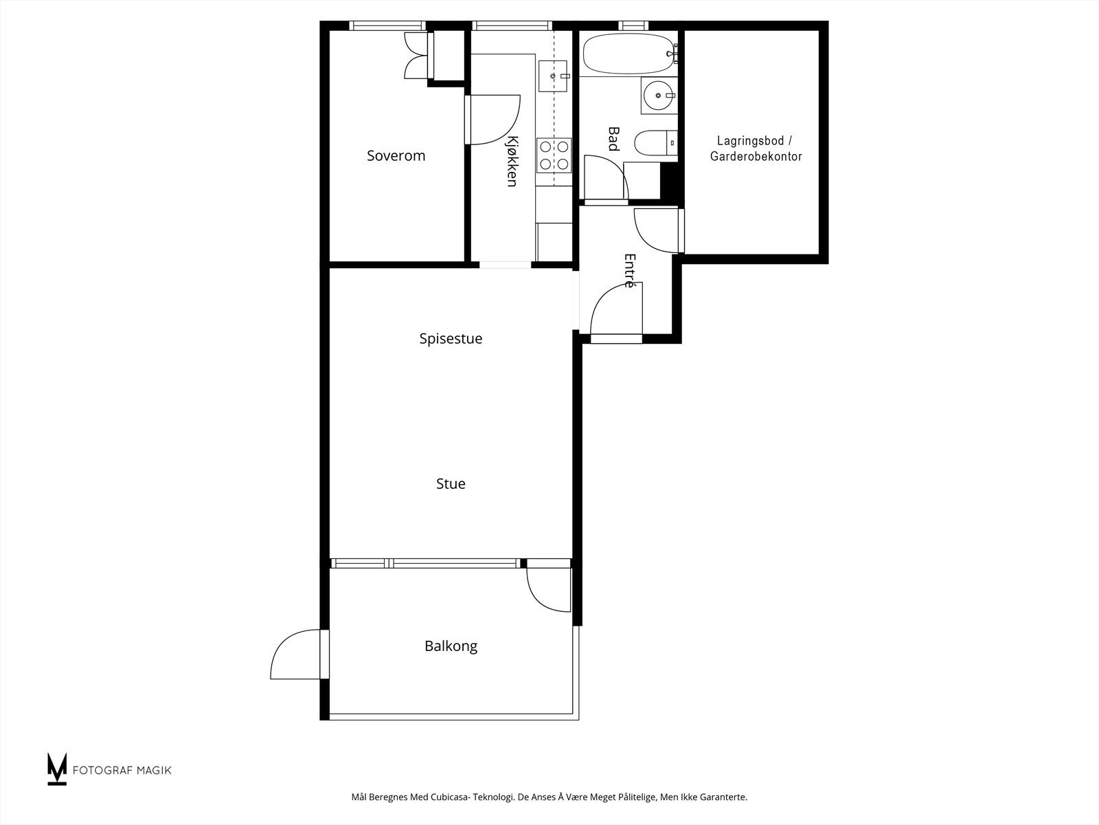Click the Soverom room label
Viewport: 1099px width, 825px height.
click(x=396, y=155)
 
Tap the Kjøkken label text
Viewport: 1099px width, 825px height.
click(x=512, y=161)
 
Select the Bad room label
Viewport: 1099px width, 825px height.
click(x=613, y=138)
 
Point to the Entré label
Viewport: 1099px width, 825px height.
click(x=629, y=270)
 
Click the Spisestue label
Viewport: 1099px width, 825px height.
click(x=451, y=339)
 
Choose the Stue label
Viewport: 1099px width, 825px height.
click(x=451, y=484)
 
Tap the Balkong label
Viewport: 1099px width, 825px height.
click(x=451, y=646)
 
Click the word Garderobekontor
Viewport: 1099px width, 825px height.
click(x=756, y=157)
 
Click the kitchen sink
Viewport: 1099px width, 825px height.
click(x=554, y=76)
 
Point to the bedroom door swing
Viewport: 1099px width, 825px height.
click(x=493, y=120)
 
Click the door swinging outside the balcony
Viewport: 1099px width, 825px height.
click(x=297, y=654)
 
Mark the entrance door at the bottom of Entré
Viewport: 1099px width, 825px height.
click(x=615, y=313)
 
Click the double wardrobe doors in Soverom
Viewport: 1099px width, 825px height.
click(x=416, y=55)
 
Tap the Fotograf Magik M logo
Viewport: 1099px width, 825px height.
click(x=56, y=769)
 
